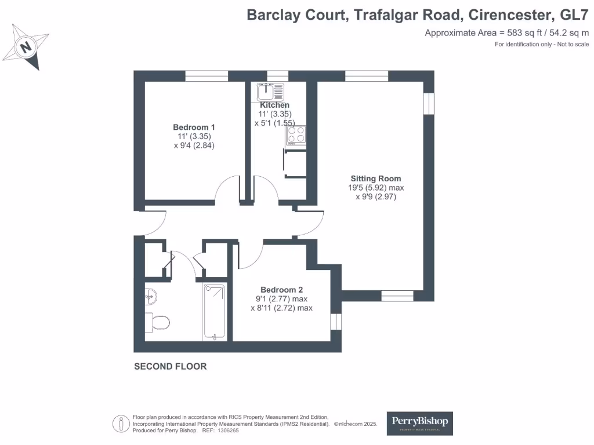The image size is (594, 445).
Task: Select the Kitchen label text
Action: (274, 105)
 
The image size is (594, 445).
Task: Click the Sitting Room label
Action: (375, 178)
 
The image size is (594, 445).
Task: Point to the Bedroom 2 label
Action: (281, 290)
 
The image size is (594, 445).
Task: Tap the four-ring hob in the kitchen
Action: (295, 135)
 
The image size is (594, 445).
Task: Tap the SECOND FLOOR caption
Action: (170, 366)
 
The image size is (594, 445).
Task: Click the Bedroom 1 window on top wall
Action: (207, 75)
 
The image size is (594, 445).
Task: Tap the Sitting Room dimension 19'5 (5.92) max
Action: (375, 188)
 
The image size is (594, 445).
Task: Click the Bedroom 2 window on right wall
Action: (335, 322)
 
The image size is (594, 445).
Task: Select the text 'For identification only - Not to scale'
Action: (541, 45)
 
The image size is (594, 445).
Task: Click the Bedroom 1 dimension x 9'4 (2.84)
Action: (194, 146)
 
